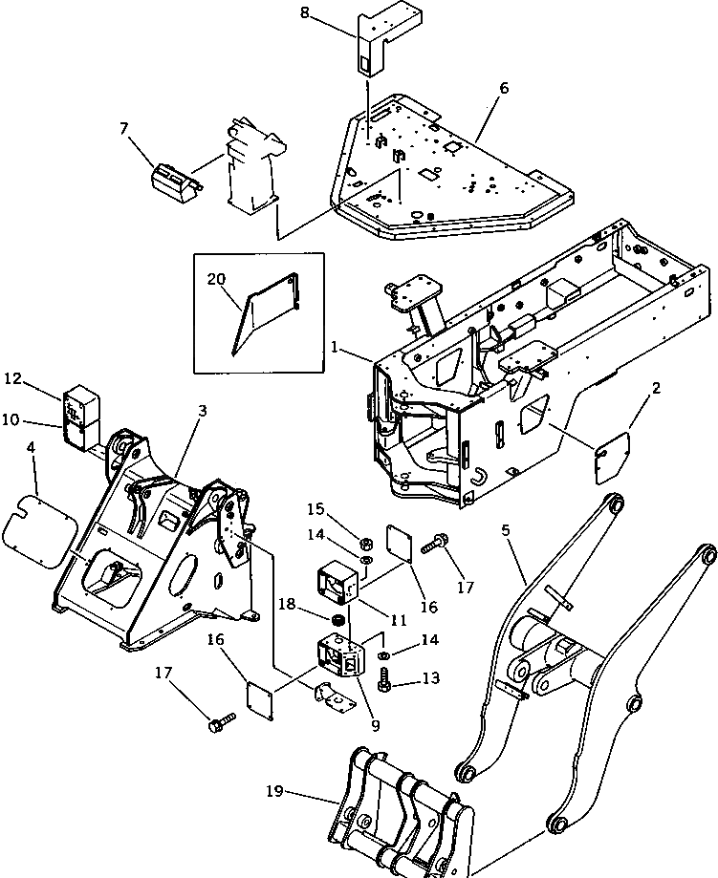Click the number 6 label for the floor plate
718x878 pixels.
point(504,89)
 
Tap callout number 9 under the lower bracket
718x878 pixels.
point(375,725)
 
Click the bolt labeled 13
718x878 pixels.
point(386,681)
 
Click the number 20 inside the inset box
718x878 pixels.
point(216,279)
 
